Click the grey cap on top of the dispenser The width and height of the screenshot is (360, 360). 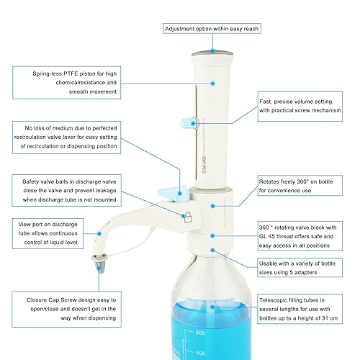tap(211, 55)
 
